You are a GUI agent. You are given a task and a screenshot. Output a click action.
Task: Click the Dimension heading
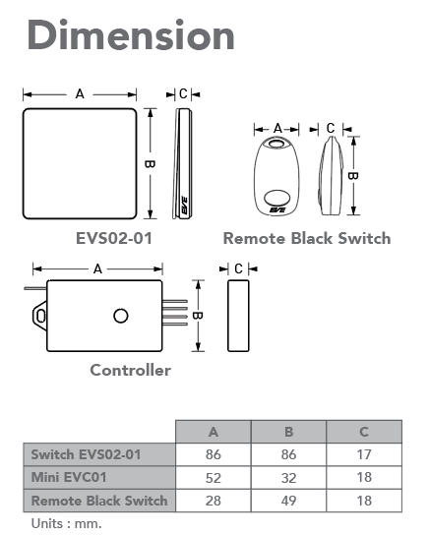(131, 34)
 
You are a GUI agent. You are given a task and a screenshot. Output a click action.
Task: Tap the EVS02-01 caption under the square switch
(114, 238)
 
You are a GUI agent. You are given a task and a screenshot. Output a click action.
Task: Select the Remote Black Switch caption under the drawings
(307, 238)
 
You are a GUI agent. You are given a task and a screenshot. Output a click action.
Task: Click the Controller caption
(130, 370)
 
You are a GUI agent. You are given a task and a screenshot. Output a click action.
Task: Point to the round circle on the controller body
(120, 316)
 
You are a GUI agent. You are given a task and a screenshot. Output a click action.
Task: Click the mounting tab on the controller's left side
(40, 316)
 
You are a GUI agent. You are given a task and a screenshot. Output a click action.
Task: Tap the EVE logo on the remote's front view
(277, 209)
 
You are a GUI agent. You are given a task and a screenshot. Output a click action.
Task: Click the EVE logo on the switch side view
(184, 206)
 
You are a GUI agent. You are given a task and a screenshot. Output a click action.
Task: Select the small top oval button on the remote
(276, 143)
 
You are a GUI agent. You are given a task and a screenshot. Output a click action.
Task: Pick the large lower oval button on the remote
(277, 198)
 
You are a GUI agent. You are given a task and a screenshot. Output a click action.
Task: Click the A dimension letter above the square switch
(80, 93)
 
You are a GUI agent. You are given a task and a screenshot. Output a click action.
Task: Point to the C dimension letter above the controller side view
(238, 268)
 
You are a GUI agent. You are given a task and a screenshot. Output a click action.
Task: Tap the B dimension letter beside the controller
(198, 316)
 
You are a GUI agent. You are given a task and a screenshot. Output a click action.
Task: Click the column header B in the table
(288, 432)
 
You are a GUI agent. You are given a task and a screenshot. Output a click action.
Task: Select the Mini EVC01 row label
(69, 477)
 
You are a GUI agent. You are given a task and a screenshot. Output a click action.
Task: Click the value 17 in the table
(364, 454)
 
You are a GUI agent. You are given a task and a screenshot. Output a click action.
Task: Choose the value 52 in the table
(214, 478)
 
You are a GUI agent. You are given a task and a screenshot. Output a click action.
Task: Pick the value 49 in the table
(288, 501)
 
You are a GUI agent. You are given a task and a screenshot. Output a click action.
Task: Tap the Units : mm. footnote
(66, 523)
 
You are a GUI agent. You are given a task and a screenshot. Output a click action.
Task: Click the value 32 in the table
(288, 478)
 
